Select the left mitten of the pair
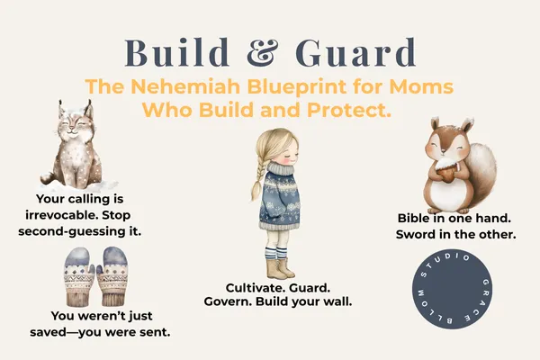click(77, 279)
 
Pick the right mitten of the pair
click(113, 279)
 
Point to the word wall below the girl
click(336, 301)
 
